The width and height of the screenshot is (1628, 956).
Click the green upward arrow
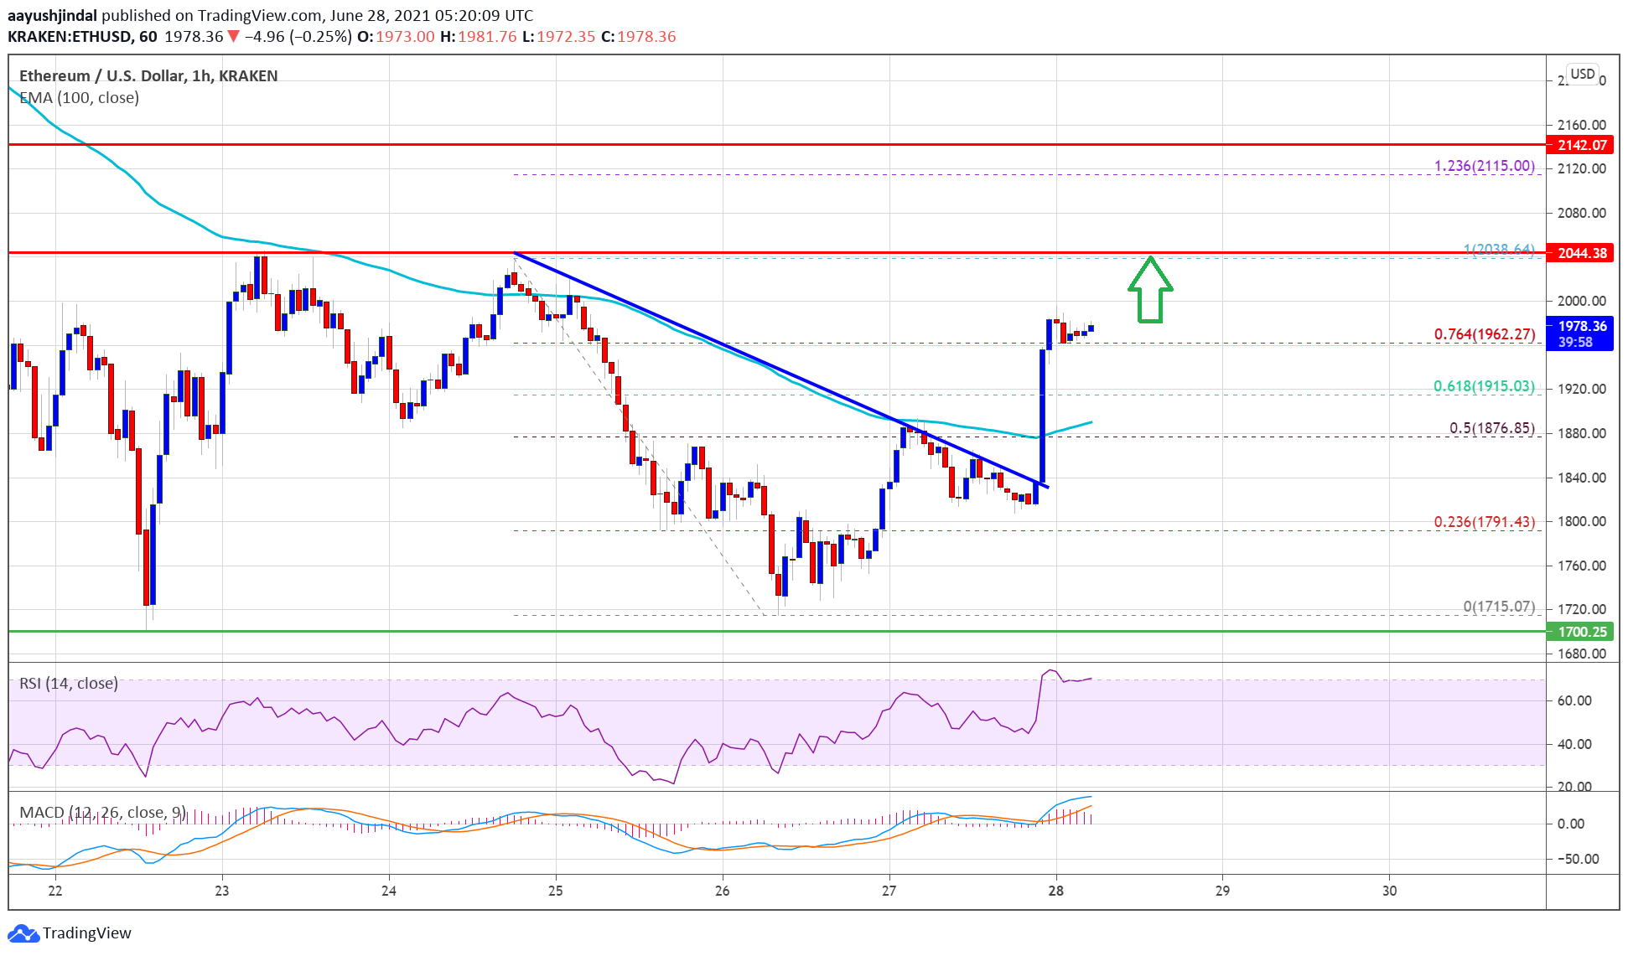pos(1150,290)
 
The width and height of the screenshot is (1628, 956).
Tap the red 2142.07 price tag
pos(1582,145)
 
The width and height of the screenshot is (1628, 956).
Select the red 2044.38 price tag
pos(1582,253)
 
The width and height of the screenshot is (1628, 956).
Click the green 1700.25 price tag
pos(1582,632)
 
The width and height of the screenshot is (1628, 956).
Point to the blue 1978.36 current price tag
pos(1582,333)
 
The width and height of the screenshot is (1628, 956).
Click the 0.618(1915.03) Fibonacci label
pos(1484,386)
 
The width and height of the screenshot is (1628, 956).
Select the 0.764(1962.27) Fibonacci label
pos(1484,334)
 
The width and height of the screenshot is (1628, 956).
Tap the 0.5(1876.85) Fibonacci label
pos(1491,428)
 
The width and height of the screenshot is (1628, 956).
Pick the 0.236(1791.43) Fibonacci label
pos(1484,522)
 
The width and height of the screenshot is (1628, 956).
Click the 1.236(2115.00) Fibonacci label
pos(1484,166)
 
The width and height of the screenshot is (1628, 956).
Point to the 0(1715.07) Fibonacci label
pos(1499,607)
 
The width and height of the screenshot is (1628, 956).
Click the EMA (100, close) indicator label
pos(79,98)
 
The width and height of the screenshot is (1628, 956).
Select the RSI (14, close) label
pos(69,684)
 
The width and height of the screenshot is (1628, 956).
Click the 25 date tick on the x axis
pos(556,891)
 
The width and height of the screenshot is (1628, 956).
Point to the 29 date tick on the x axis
pos(1222,891)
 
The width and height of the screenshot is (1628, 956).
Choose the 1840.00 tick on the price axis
pos(1581,478)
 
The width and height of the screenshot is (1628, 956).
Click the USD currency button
pos(1582,74)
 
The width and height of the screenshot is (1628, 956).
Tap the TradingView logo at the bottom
pos(70,933)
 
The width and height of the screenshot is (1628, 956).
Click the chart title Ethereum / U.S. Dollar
pos(101,76)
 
